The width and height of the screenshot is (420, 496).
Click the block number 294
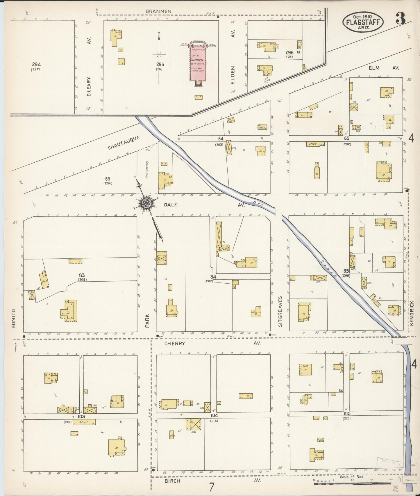pyautogui.click(x=36, y=65)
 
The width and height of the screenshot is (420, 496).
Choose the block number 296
pyautogui.click(x=289, y=53)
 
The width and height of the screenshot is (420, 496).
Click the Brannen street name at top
pyautogui.click(x=158, y=11)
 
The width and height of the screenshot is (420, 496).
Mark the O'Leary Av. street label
pyautogui.click(x=90, y=86)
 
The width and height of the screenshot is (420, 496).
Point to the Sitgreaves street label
pyautogui.click(x=280, y=311)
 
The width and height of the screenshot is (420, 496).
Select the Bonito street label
pyautogui.click(x=14, y=319)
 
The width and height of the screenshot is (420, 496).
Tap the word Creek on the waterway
pyautogui.click(x=329, y=268)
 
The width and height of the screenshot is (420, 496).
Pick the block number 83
pyautogui.click(x=82, y=275)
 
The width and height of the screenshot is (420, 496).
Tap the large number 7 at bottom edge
pyautogui.click(x=211, y=486)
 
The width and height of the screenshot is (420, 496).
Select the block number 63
pyautogui.click(x=108, y=179)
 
